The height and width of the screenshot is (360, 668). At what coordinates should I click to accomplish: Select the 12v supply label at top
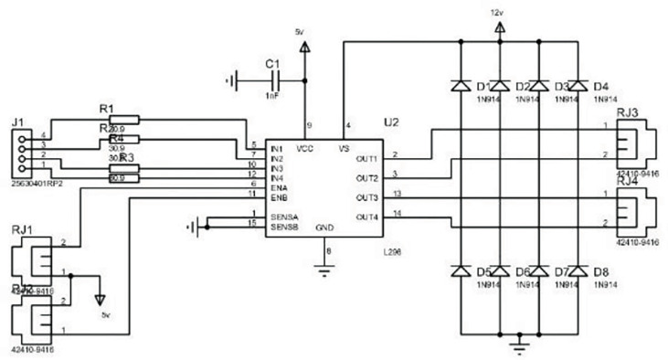496,14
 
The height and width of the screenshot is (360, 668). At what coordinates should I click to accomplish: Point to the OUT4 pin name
366,217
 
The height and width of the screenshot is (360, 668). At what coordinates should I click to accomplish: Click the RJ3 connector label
628,111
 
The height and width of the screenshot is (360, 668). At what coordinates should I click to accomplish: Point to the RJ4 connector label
628,181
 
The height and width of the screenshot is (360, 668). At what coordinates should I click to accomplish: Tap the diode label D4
600,87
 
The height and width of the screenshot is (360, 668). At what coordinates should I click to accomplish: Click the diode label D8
600,271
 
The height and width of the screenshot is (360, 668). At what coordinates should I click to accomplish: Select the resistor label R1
106,110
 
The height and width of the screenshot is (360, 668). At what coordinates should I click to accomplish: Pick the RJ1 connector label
22,228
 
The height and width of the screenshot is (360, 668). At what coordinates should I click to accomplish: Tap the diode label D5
483,271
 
